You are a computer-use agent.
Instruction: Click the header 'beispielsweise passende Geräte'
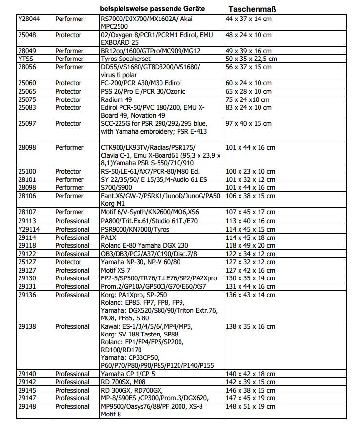[152, 9]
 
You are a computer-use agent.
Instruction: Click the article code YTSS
[25, 59]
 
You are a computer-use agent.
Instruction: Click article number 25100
[29, 171]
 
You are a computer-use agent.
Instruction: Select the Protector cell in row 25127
[68, 262]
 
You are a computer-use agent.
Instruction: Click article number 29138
[29, 326]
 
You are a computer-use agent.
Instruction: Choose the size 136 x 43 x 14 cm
[250, 295]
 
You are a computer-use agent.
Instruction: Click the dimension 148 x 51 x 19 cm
[250, 406]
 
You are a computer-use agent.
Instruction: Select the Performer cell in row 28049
[69, 51]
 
